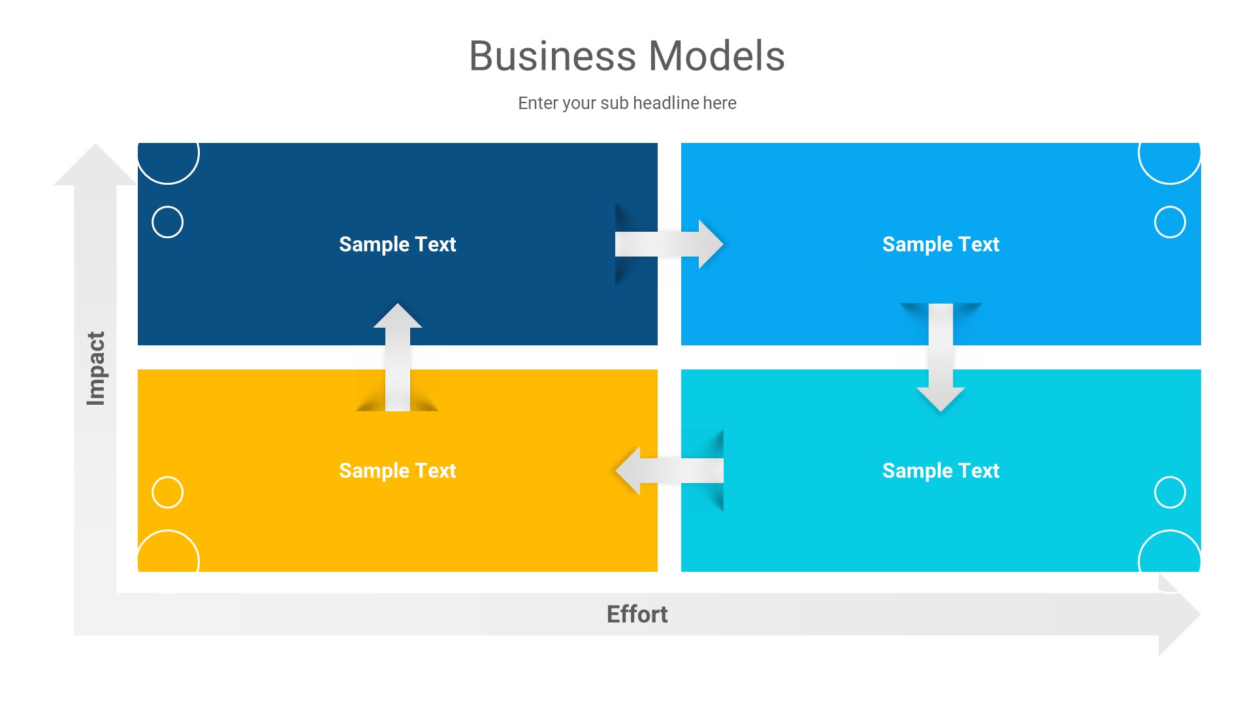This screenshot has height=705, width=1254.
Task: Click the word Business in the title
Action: (552, 56)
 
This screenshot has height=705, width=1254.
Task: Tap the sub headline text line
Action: (627, 103)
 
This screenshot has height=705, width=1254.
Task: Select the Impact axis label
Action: (96, 368)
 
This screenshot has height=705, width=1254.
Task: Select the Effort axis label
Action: (637, 614)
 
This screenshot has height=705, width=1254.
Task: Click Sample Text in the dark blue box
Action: (397, 244)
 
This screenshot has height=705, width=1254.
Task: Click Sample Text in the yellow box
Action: (397, 471)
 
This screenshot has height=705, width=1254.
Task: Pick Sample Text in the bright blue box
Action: (940, 244)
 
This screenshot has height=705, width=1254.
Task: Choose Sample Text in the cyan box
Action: (940, 471)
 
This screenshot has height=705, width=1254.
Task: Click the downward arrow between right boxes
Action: (940, 359)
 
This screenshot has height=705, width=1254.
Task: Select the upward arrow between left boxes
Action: (397, 356)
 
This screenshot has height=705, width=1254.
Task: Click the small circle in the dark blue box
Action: (167, 222)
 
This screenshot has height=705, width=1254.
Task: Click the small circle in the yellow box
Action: (167, 492)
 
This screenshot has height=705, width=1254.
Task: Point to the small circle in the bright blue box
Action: (1170, 222)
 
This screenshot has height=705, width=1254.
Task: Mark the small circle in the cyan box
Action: (1170, 492)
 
